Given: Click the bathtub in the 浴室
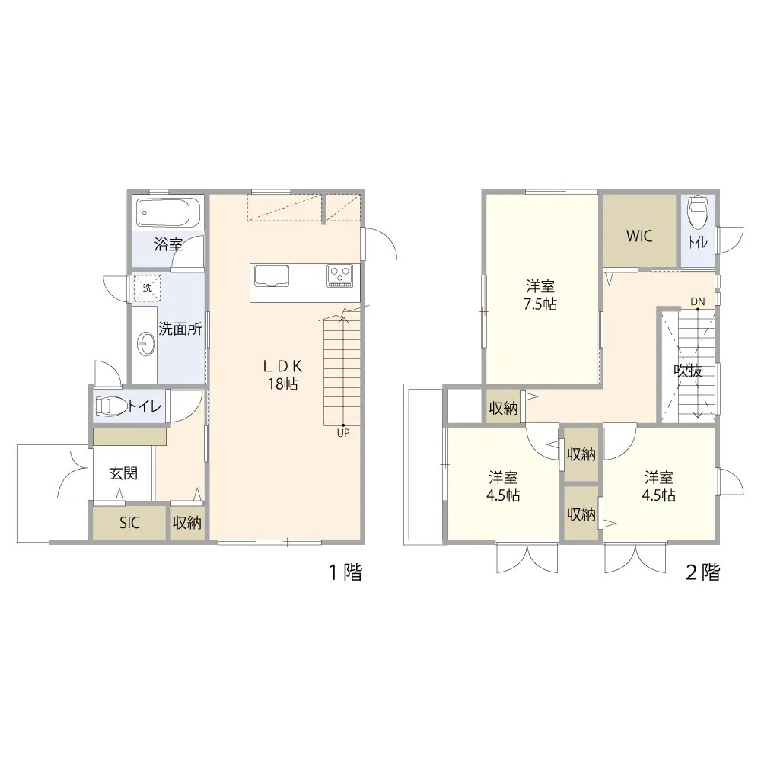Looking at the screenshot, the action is [x=168, y=212].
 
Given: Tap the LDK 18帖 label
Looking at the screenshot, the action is [x=283, y=374].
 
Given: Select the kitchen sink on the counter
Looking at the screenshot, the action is [x=271, y=277].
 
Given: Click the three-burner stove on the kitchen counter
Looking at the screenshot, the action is [x=339, y=275].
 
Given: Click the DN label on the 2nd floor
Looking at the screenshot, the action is [x=697, y=301].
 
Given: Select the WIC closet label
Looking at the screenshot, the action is [x=639, y=236].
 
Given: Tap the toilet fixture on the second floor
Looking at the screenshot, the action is [x=698, y=212].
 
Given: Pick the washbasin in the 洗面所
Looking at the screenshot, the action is [x=145, y=345].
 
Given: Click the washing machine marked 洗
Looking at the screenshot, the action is [x=147, y=288].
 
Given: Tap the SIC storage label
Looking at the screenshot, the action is [x=129, y=523].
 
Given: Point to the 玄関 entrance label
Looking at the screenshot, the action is [x=123, y=473].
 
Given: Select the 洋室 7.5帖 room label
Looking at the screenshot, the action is [x=540, y=295].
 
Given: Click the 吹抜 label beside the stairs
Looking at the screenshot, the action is [x=688, y=371].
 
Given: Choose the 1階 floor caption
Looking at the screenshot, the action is [x=346, y=572].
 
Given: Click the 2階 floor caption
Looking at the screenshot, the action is [x=702, y=572].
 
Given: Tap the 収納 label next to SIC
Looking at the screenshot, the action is [x=187, y=523].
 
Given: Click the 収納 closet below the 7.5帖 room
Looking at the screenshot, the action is [x=503, y=408].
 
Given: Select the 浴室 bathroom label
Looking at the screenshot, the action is [x=168, y=244].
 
